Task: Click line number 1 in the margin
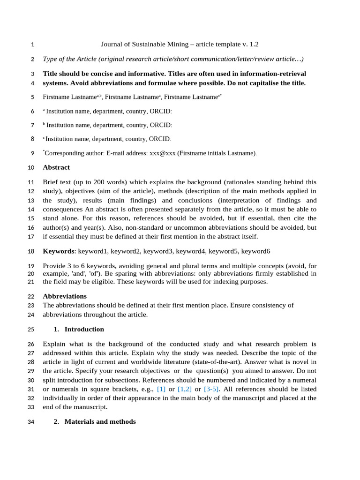(32, 45)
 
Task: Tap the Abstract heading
(56, 167)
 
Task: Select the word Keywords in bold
(58, 251)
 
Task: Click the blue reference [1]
(161, 389)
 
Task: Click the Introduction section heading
(84, 329)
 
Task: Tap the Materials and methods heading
(100, 421)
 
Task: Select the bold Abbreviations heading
(65, 296)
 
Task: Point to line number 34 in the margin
(31, 422)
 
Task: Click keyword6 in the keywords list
(255, 251)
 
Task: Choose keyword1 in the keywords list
(92, 251)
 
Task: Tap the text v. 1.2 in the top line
(247, 45)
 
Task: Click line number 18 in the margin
(31, 252)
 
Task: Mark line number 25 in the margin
(31, 330)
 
